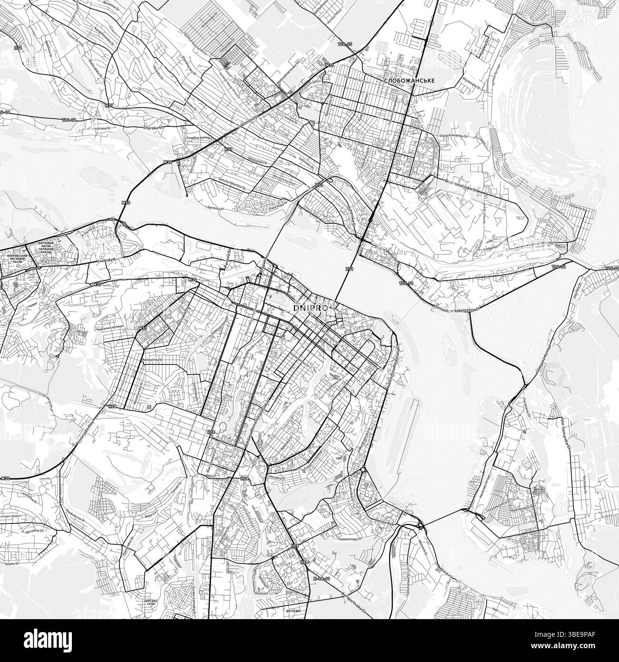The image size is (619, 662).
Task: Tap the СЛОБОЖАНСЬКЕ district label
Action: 409,81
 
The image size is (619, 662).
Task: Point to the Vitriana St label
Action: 99,128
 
